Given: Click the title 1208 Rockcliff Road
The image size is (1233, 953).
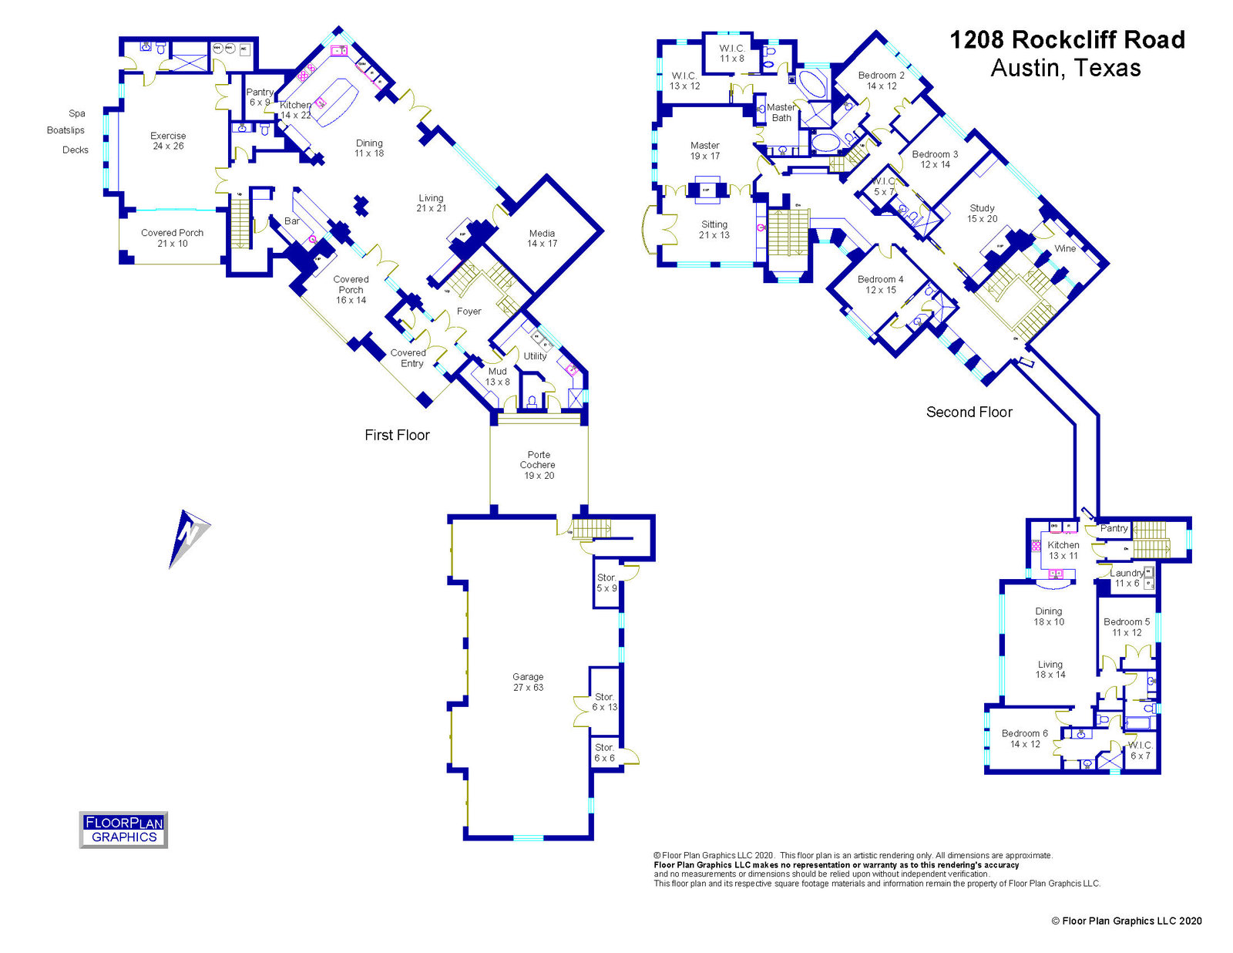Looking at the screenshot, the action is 1067,40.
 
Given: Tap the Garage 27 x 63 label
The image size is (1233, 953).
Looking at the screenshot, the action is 528,682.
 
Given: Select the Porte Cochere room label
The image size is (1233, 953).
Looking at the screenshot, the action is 538,465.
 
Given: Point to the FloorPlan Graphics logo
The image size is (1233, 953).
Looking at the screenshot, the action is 123,830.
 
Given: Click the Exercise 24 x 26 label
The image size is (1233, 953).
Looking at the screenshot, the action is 168,140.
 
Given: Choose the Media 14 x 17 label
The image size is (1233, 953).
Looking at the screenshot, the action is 542,238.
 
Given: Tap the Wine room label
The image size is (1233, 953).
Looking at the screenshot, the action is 1065,248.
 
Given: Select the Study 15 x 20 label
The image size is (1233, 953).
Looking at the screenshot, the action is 982,214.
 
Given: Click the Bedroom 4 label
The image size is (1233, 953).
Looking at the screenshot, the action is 881,285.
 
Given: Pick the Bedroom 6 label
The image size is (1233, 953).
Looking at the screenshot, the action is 1024,739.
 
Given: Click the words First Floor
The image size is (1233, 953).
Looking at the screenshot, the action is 397,435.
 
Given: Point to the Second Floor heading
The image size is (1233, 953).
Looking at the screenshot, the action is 969,413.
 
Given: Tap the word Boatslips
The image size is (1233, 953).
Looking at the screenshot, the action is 66,130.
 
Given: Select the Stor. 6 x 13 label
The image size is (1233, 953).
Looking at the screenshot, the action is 604,702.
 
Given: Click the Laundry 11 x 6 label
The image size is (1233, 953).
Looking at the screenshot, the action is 1127,578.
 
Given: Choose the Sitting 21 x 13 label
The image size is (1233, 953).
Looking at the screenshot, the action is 714,230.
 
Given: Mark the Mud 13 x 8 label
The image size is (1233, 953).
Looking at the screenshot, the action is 497,376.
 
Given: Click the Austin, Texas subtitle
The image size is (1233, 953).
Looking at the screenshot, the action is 1065,69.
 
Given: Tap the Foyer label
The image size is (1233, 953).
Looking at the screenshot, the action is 469,311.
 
